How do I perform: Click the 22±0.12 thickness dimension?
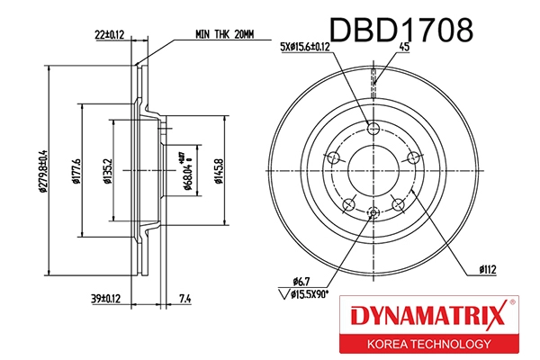[x=109, y=35]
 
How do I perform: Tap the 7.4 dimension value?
[x=184, y=298]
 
